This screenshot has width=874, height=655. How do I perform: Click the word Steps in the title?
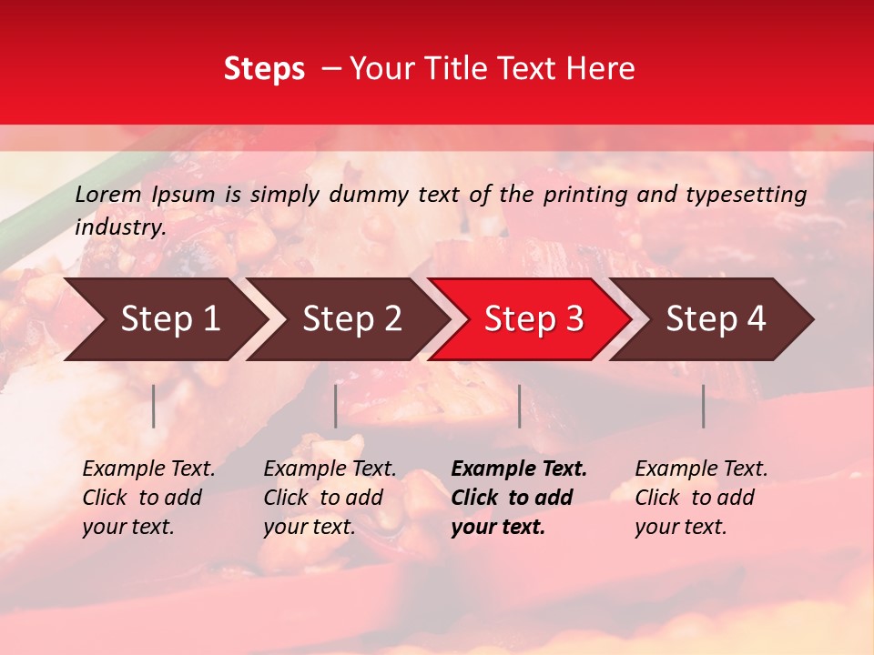coord(264,70)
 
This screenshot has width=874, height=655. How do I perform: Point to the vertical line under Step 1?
coord(154,406)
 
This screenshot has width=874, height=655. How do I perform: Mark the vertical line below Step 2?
coord(336,406)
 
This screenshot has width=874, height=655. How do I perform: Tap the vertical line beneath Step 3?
coord(520,406)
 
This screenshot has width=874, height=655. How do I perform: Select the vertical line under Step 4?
coord(704,406)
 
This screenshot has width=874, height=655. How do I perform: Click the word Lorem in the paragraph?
coord(108,195)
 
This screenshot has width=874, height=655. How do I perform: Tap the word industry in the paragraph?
coord(119,227)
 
